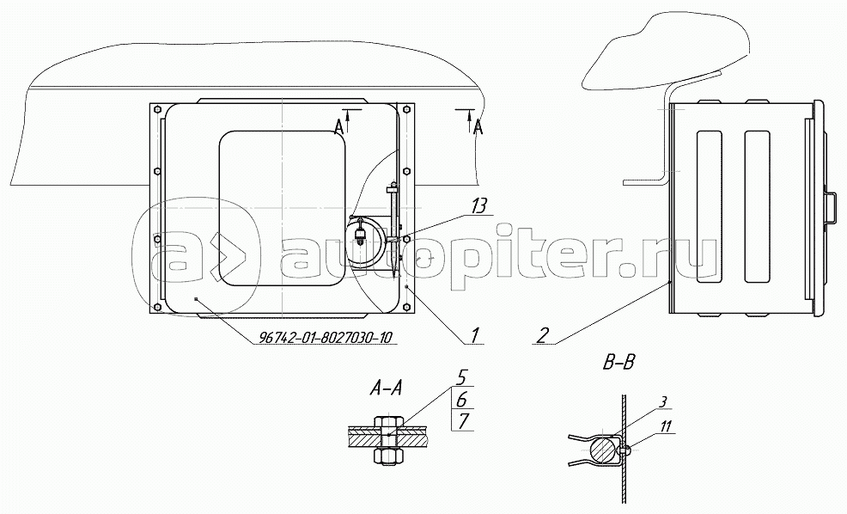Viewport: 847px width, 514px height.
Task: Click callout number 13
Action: (x=478, y=206)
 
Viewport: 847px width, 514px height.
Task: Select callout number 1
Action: (x=473, y=335)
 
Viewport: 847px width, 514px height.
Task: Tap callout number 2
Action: (x=543, y=335)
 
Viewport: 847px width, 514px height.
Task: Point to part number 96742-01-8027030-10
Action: (x=326, y=337)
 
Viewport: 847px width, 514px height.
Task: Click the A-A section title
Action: (x=385, y=388)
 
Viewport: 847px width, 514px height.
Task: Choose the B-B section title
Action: (x=618, y=363)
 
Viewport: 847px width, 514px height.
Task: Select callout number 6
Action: (x=463, y=400)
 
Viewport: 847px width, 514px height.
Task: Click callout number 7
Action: (x=463, y=421)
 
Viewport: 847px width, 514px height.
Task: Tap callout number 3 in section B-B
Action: (x=663, y=401)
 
